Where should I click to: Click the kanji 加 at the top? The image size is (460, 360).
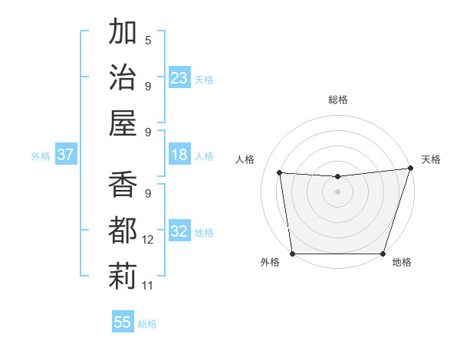(x=123, y=33)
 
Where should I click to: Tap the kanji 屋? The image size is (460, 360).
(x=123, y=123)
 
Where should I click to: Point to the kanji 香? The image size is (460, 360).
(x=123, y=186)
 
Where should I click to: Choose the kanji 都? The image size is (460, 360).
(x=123, y=231)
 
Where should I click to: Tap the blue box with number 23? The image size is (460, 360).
(x=179, y=78)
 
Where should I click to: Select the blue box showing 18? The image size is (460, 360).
(x=179, y=155)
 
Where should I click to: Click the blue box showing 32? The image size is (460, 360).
(x=179, y=231)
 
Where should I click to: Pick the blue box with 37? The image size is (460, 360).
(x=65, y=155)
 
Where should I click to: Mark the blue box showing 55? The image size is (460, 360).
(x=123, y=322)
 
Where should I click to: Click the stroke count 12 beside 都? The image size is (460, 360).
(x=149, y=240)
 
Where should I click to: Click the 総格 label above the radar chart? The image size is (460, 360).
(x=338, y=100)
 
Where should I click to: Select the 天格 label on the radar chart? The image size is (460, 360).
(x=431, y=159)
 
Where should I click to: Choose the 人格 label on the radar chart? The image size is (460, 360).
(x=245, y=159)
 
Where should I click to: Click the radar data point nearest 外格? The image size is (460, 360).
(x=292, y=254)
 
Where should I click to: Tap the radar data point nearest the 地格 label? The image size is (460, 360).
(x=383, y=254)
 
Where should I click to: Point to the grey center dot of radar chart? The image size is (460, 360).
(x=337, y=191)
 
